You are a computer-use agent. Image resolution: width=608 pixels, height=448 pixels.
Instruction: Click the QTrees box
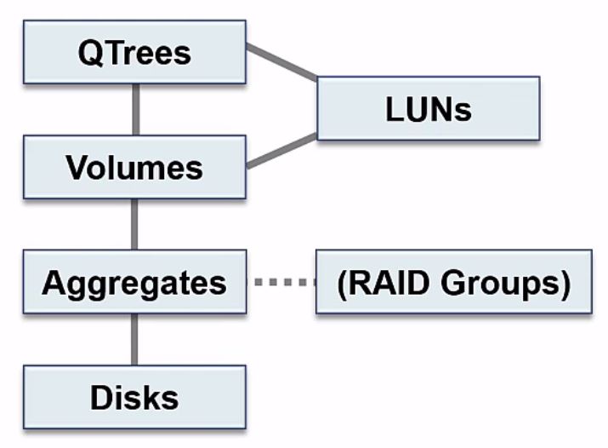coord(134,52)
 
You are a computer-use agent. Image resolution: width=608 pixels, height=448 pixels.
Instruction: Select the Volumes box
coord(134,166)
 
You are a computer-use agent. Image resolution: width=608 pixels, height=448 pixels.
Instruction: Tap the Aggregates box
coord(134,281)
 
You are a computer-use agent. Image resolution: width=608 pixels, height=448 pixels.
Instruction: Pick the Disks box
coord(134,396)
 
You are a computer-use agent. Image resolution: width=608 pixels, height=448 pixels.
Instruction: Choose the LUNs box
coord(428,108)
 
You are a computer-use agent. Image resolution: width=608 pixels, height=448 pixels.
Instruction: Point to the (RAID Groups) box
coord(453,281)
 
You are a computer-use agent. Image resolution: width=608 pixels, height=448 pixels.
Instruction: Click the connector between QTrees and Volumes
coord(134,109)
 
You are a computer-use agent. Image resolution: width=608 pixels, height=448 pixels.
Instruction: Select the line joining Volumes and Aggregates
coord(134,224)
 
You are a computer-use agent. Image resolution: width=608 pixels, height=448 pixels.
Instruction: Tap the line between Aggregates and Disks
coord(134,339)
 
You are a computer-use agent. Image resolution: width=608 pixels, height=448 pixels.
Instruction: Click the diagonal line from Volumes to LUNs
coord(281,151)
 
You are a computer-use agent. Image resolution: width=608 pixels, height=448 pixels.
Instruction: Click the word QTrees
coord(134,52)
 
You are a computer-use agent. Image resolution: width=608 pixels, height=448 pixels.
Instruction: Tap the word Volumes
coord(134,167)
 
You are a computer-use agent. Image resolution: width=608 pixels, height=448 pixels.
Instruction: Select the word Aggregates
coord(134,282)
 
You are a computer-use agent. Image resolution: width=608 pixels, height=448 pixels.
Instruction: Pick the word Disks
coord(134,397)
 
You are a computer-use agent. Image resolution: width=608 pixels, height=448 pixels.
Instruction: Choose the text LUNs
coord(428,109)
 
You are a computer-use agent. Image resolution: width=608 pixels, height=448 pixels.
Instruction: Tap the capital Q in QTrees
coord(89,53)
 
